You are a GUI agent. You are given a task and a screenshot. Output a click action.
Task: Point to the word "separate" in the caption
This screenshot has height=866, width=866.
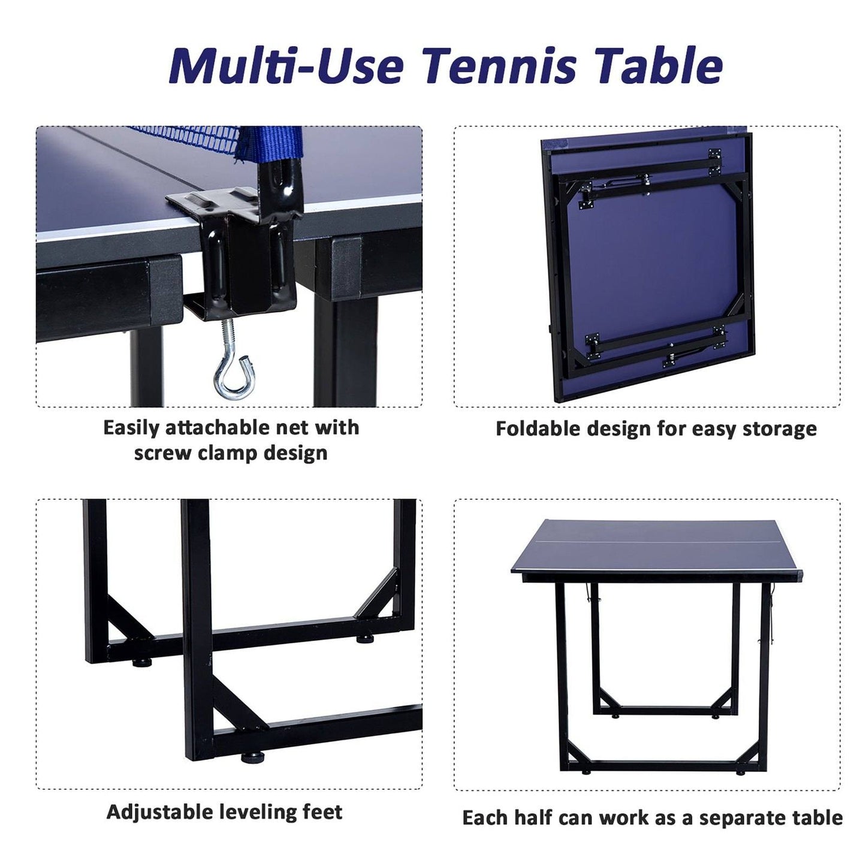[740, 818]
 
